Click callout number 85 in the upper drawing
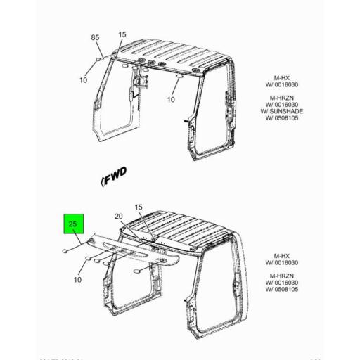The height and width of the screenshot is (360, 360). click(96, 37)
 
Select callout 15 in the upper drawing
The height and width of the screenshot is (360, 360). click(122, 34)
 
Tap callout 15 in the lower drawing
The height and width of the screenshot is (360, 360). click(139, 208)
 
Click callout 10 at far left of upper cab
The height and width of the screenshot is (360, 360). click(83, 79)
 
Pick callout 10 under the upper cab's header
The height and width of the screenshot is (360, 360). click(170, 99)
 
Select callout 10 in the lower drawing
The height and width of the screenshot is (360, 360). click(78, 281)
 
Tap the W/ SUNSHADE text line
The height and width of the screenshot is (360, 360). click(276, 110)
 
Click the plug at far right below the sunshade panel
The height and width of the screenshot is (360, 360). click(138, 270)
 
